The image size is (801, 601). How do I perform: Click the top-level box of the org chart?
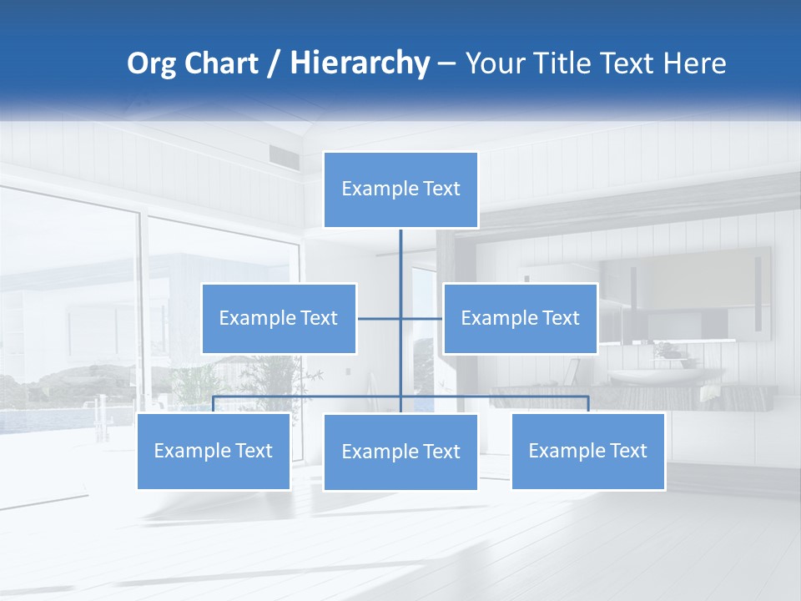[x=400, y=189]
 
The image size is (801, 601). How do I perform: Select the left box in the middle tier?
[x=279, y=318]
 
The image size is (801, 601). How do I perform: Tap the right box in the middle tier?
[x=520, y=318]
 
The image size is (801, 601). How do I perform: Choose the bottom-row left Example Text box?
[x=214, y=451]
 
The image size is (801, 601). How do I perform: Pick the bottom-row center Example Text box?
[x=400, y=452]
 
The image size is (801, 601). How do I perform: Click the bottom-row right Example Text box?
[x=587, y=451]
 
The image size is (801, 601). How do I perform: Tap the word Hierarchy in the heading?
[x=359, y=63]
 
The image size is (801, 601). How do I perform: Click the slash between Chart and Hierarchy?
[x=274, y=64]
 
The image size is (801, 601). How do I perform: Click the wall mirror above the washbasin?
[x=684, y=292]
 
